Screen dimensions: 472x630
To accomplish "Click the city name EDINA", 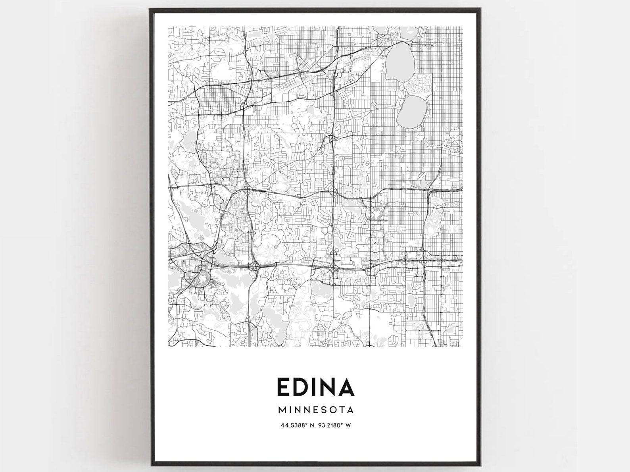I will (x=315, y=387).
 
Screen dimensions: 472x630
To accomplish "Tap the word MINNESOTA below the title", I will (x=315, y=409).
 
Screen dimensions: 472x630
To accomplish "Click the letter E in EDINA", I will (x=283, y=387).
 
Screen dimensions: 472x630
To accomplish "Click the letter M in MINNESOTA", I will (x=282, y=409).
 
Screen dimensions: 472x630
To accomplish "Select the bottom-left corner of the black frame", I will (x=150, y=466).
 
